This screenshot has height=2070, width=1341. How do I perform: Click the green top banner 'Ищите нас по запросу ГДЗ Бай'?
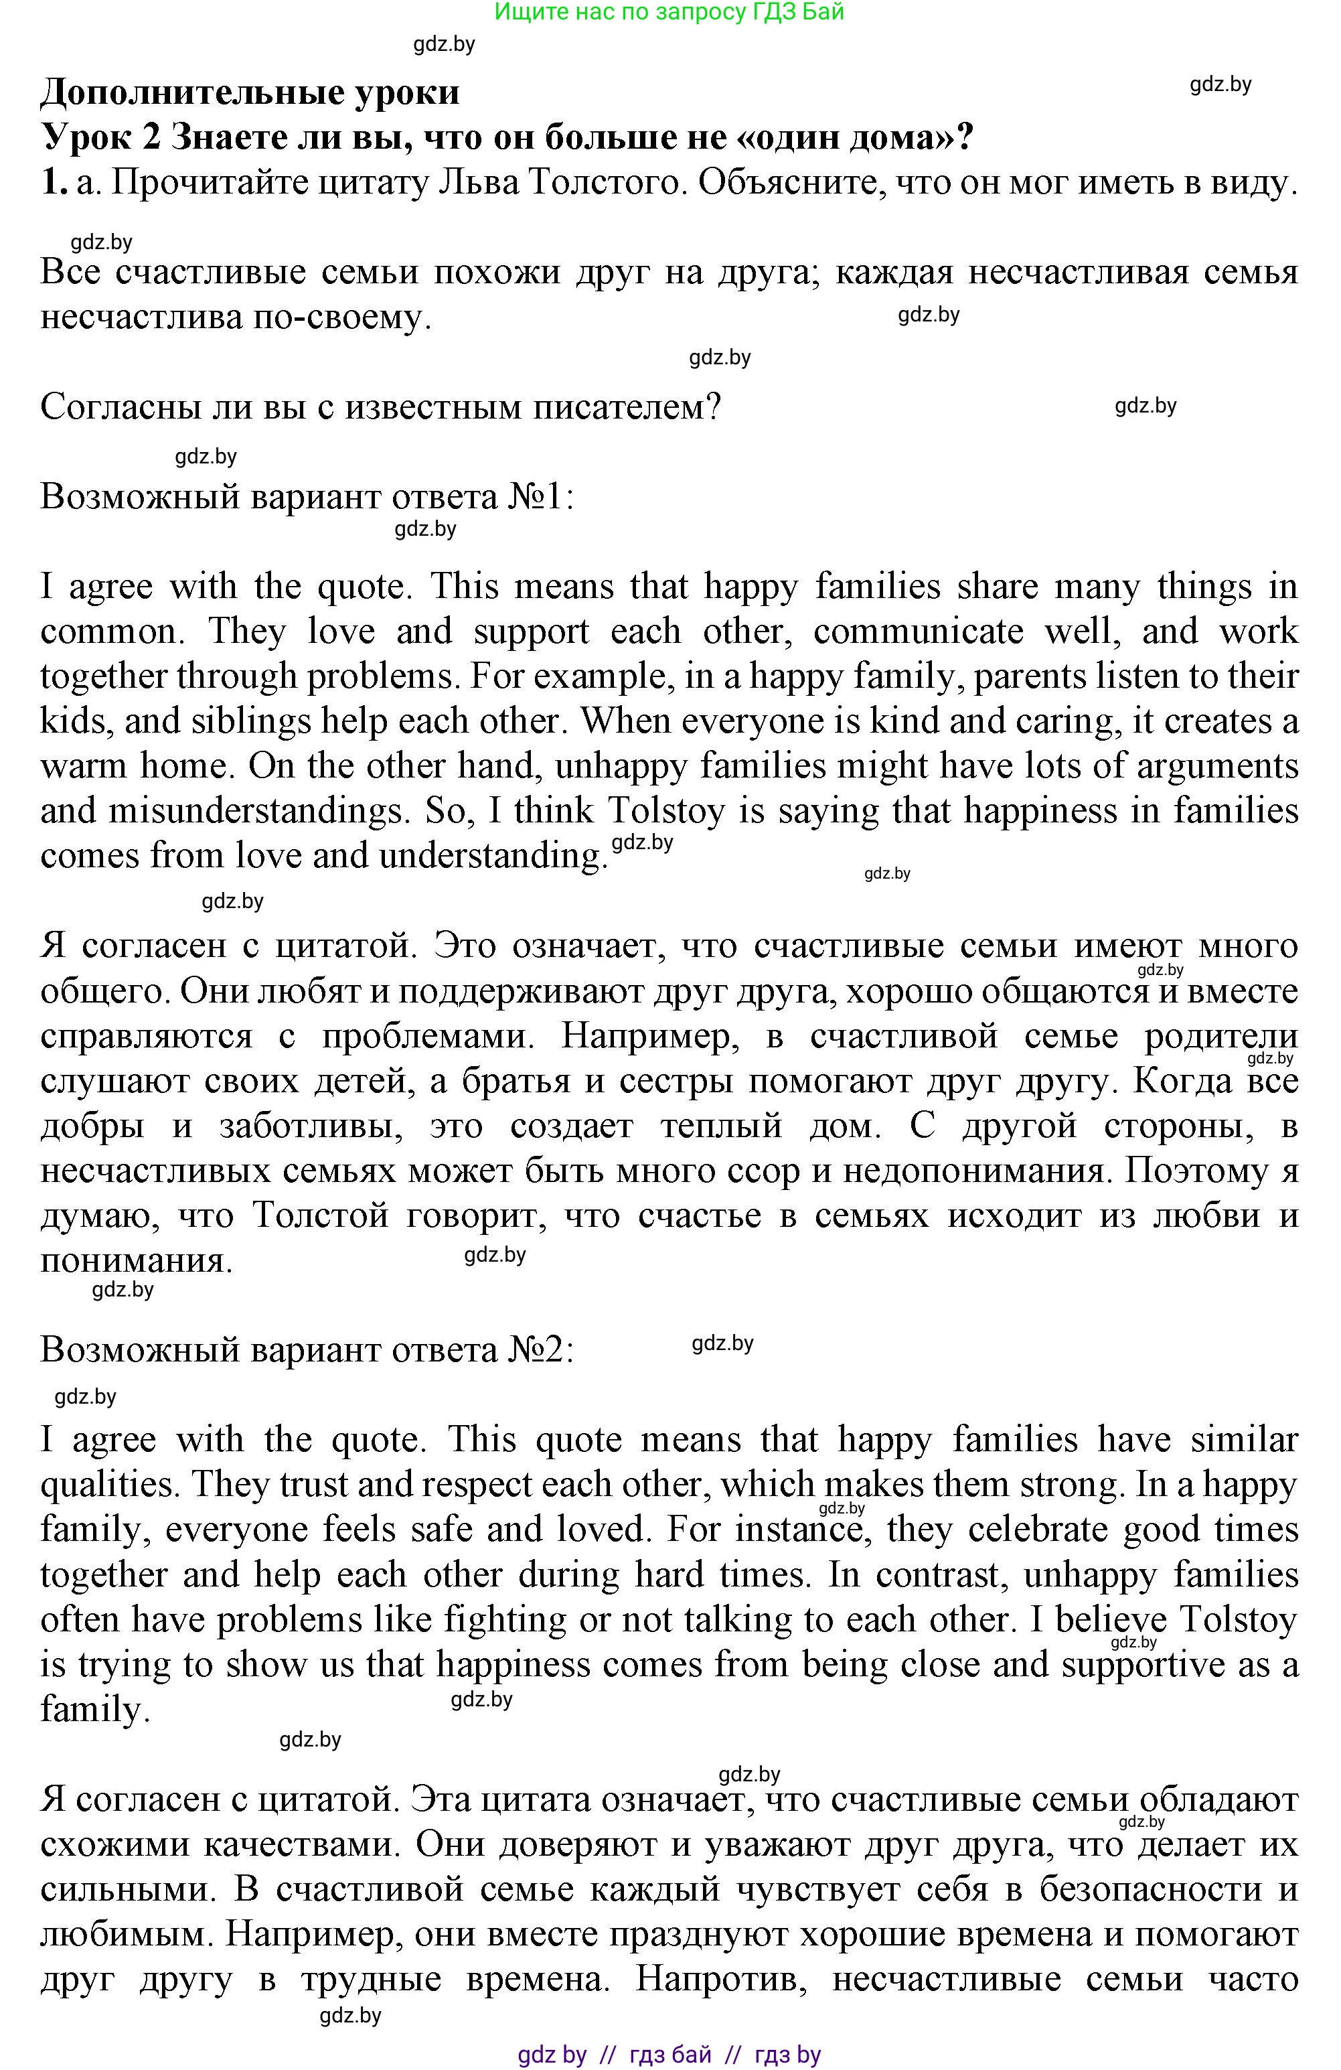point(669,12)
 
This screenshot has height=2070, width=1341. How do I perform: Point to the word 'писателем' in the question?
point(626,407)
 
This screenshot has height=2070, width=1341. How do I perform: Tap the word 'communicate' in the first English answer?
point(919,632)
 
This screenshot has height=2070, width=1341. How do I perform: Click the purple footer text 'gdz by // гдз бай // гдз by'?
point(669,2055)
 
